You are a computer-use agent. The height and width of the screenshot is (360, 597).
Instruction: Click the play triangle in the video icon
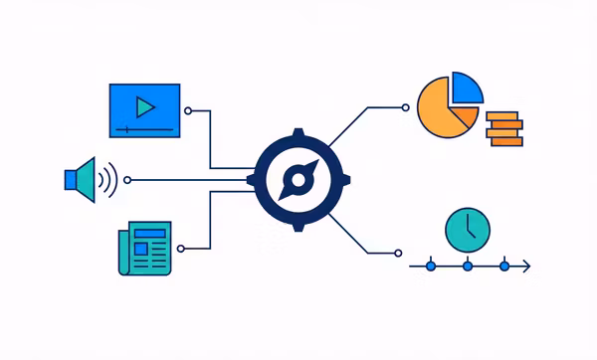click(145, 105)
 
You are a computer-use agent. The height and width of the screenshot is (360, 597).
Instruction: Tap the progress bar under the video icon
click(144, 129)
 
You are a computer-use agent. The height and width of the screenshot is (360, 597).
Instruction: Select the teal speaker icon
click(82, 180)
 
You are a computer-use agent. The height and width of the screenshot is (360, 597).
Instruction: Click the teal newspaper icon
click(143, 248)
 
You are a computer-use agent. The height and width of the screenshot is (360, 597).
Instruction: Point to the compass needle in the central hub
click(295, 180)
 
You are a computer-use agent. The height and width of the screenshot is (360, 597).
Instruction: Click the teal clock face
click(467, 230)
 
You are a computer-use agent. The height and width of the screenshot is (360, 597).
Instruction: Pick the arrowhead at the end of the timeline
click(526, 267)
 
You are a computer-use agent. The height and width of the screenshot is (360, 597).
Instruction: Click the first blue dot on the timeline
click(431, 267)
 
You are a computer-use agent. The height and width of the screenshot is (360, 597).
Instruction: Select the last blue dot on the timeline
click(503, 267)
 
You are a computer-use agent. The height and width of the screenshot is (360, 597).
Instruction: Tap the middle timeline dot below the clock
click(467, 267)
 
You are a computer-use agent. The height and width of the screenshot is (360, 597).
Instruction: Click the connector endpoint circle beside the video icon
click(188, 111)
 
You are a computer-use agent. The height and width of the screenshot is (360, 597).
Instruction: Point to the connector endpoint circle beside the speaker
click(126, 180)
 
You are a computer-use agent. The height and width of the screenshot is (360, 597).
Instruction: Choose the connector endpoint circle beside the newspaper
click(188, 249)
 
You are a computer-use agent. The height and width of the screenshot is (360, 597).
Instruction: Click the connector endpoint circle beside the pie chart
click(404, 106)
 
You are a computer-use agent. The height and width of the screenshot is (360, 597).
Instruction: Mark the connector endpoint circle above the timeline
click(398, 253)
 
